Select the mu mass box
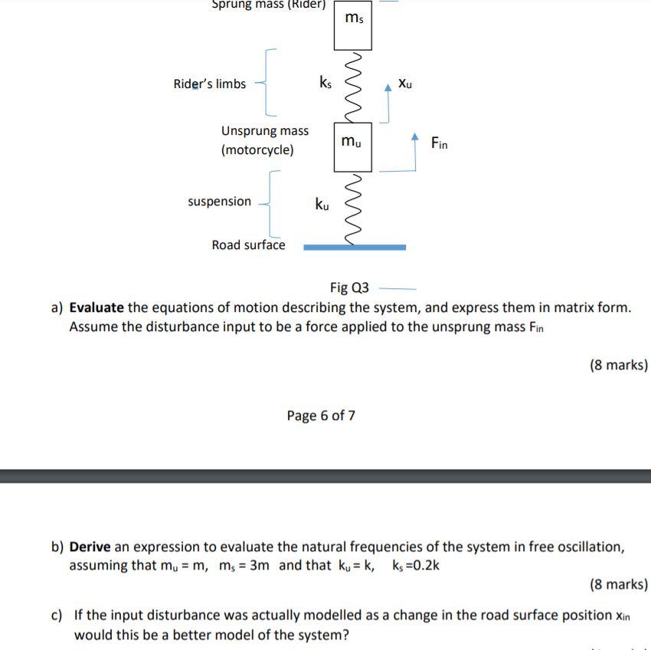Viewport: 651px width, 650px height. pyautogui.click(x=353, y=146)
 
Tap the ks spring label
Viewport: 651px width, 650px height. pyautogui.click(x=325, y=81)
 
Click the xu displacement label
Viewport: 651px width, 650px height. pyautogui.click(x=405, y=83)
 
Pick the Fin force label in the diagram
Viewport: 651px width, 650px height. pyautogui.click(x=439, y=143)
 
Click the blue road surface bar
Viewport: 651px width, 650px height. pyautogui.click(x=355, y=248)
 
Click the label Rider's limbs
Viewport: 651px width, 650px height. pyautogui.click(x=209, y=84)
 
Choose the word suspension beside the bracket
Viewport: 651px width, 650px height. pyautogui.click(x=219, y=202)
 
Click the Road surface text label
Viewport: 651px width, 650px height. pyautogui.click(x=248, y=245)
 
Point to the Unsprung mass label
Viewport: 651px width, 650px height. pyautogui.click(x=265, y=131)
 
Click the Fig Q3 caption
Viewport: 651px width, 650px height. pyautogui.click(x=349, y=288)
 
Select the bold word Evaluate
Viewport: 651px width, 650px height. pyautogui.click(x=97, y=308)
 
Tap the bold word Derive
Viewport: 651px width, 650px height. pyautogui.click(x=90, y=547)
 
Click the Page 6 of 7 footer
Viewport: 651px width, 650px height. pyautogui.click(x=321, y=415)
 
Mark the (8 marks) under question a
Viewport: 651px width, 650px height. pyautogui.click(x=618, y=365)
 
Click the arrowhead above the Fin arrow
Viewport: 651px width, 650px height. pyautogui.click(x=415, y=137)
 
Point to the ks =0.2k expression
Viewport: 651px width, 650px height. pyautogui.click(x=416, y=566)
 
